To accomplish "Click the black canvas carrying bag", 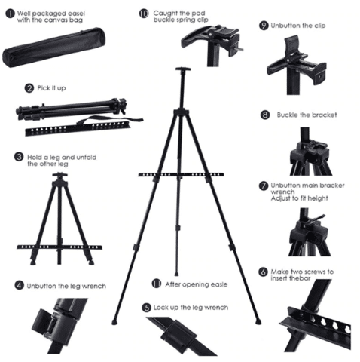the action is [x=54, y=47].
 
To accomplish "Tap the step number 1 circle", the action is [x=10, y=14].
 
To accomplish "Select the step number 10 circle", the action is [x=144, y=14].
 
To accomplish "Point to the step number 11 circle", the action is [x=157, y=284].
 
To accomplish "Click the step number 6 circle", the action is [x=263, y=272].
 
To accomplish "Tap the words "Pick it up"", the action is [x=51, y=88].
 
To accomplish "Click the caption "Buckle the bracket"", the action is [x=307, y=115].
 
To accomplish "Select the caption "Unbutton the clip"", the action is [x=298, y=26].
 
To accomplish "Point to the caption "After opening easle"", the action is [x=197, y=284].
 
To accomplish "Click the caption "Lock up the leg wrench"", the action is [x=191, y=308].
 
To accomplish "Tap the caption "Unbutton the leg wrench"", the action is [x=66, y=286].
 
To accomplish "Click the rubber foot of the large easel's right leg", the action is [x=258, y=321].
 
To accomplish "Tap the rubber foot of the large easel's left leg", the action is [x=114, y=321].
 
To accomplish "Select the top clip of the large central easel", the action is [x=183, y=69].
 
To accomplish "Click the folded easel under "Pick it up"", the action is [x=71, y=109].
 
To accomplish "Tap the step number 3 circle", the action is [x=19, y=157].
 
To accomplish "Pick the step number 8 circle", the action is [x=265, y=115].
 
